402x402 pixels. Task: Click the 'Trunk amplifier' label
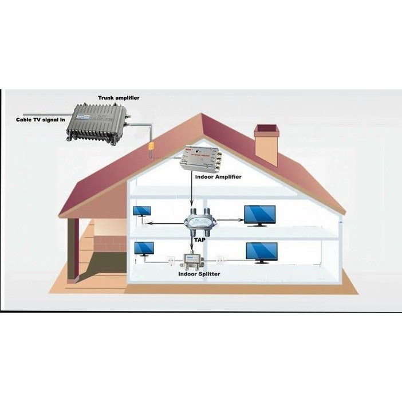point(119,98)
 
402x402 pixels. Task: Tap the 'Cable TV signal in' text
point(39,120)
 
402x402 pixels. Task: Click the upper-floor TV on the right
point(259,215)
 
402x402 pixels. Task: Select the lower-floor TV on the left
point(144,249)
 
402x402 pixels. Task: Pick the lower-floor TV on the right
point(262,253)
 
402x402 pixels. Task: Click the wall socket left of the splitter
point(170,259)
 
